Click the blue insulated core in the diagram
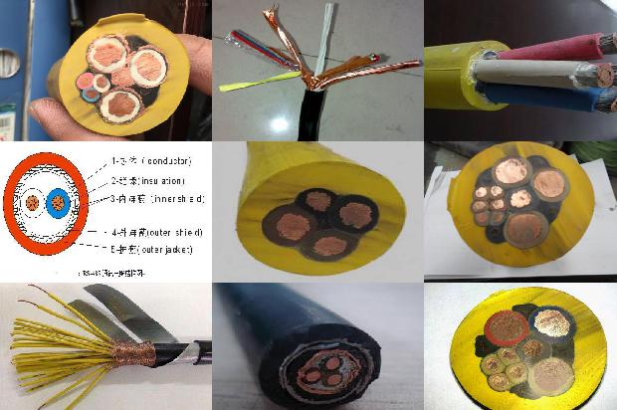58,202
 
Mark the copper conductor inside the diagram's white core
33,203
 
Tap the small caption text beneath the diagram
110,270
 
